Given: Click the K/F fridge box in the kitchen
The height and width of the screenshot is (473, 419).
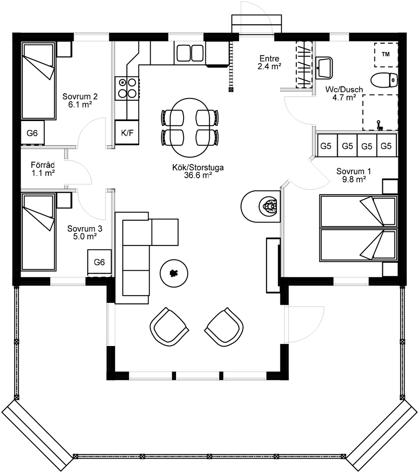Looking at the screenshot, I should pos(127,133).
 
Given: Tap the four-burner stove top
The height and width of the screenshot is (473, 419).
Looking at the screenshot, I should pos(127,88).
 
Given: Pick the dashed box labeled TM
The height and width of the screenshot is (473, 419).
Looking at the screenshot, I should pos(386,55).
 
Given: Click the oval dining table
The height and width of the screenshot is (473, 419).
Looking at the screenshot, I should pos(190,127).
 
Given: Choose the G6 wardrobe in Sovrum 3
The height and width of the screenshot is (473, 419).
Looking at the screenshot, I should pos(99,262).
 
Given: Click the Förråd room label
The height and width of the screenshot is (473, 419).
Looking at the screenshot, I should pos(43,165).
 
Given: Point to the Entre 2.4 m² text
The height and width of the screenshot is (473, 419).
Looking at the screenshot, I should pos(269,62).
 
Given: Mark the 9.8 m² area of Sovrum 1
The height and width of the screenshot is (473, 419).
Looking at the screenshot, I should pos(354,179).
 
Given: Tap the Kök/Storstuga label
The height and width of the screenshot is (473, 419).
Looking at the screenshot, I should pos(198,168).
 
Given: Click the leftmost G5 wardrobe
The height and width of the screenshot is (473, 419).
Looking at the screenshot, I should pos(326,146).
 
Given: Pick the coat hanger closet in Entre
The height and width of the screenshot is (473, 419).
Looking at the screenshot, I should pos(304,64).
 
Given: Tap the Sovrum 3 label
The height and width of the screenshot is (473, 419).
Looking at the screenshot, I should pos(85,229).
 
